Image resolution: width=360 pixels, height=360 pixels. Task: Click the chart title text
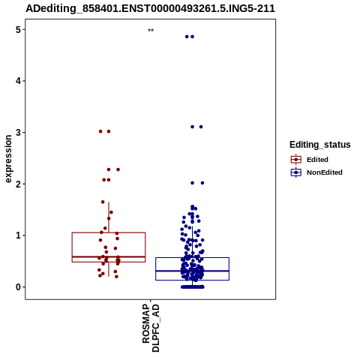pos(150,8)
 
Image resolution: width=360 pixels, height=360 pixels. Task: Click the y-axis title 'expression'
pos(8,159)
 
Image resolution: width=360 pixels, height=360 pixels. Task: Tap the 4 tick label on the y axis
pos(18,81)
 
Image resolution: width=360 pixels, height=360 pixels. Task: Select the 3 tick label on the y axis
pos(18,133)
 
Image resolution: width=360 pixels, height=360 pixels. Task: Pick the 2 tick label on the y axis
pos(18,184)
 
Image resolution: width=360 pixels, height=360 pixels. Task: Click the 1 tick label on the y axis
pos(18,235)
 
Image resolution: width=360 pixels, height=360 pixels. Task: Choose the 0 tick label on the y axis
pos(18,287)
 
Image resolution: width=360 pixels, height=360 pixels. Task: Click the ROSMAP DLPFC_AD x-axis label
pos(151,328)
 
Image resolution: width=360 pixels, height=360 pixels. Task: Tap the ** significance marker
pos(151,31)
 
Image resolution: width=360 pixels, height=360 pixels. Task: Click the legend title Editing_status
pos(320,145)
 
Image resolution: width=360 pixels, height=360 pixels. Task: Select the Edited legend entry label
pos(317,160)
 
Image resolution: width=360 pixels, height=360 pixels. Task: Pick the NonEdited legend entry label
pos(325,172)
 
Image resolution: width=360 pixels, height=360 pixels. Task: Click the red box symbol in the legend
pos(296,160)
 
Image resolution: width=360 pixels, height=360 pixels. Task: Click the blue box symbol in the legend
pos(296,172)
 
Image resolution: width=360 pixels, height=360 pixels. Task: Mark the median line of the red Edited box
pos(109,256)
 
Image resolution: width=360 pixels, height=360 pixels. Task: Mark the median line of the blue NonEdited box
pos(192,271)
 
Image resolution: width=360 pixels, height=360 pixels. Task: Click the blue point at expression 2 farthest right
pos(202,183)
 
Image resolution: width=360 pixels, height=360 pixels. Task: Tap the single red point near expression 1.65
pos(103,202)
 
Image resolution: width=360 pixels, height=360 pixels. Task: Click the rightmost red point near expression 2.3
pos(118,169)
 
